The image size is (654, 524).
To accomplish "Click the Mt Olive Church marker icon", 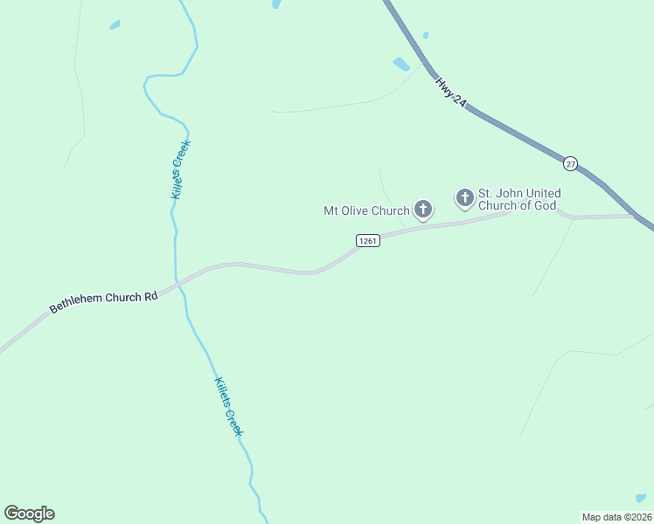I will (x=423, y=209).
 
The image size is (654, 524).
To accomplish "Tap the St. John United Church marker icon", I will (x=464, y=197).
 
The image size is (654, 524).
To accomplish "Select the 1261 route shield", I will (x=367, y=240).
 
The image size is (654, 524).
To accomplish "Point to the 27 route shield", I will (x=570, y=163).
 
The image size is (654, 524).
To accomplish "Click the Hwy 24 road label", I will (x=450, y=93).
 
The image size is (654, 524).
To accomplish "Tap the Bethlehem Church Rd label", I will (x=103, y=302).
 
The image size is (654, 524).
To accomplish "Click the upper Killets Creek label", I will (x=180, y=169).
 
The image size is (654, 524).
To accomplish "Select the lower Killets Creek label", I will (x=228, y=408).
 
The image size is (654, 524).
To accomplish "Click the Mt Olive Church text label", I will (x=366, y=210).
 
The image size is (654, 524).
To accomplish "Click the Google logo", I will (x=29, y=514).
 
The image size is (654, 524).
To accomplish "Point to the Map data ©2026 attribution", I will (x=616, y=516).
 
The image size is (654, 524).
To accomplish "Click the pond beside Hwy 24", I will (x=401, y=64).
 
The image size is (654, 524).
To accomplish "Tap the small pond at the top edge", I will (x=276, y=3).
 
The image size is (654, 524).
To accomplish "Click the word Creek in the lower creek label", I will (x=233, y=422).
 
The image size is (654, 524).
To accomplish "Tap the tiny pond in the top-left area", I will (x=115, y=25).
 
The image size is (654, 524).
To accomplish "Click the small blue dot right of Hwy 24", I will (x=426, y=36).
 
